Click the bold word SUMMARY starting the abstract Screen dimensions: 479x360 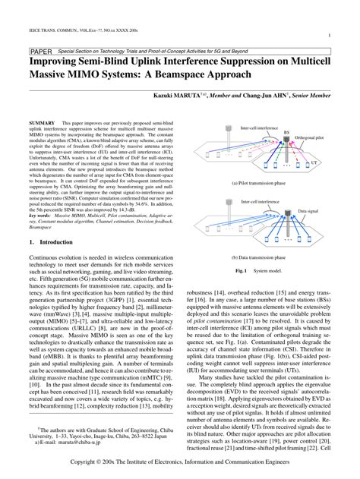(40, 122)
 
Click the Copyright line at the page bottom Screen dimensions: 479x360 (180, 470)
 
